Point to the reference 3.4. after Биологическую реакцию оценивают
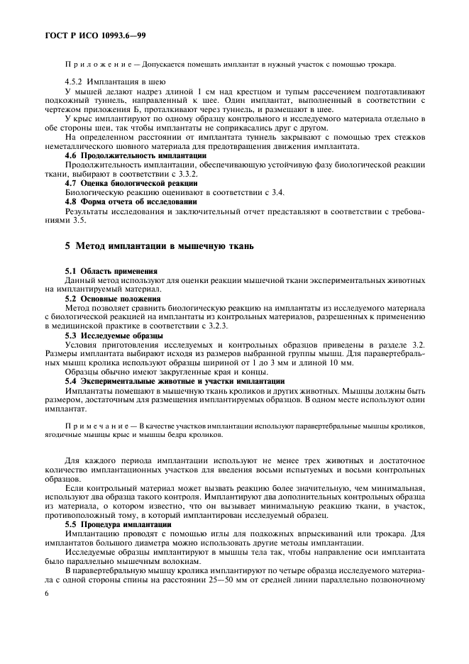click(253, 192)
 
